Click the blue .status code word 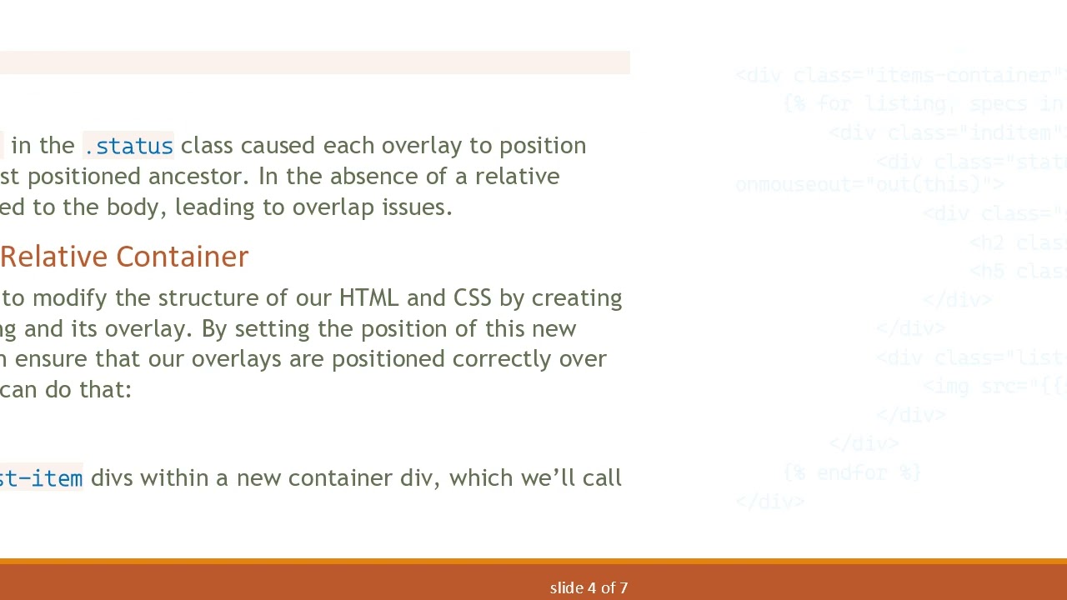128,147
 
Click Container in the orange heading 182,257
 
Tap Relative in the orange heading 53,257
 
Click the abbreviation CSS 472,298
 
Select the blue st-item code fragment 41,479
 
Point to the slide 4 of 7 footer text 589,588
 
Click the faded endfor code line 852,473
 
